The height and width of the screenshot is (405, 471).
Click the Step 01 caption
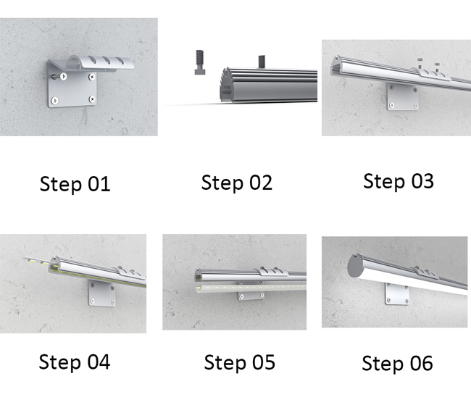75,184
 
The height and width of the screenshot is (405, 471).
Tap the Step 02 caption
237,183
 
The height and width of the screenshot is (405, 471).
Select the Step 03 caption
399,181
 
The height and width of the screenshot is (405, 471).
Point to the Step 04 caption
75,362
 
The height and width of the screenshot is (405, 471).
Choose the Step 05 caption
239,362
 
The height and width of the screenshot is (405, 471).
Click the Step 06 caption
397,363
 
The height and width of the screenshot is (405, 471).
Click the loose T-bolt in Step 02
199,62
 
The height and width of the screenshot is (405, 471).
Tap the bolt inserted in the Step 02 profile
262,62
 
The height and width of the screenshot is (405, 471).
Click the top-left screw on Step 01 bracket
63,77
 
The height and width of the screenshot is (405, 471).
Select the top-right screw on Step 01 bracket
92,77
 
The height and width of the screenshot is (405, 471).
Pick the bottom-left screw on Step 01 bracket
54,100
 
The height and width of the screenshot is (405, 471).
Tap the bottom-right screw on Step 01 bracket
92,99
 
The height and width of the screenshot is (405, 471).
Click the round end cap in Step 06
357,266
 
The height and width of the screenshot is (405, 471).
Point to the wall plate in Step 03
402,96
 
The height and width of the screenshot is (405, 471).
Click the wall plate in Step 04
101,293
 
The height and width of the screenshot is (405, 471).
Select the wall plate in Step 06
397,294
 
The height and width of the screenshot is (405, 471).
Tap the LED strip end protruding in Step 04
37,261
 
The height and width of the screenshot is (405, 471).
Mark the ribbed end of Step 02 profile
226,85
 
